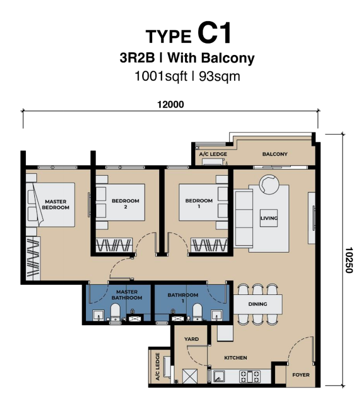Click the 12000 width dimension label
click(x=170, y=105)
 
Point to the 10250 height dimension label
click(x=348, y=260)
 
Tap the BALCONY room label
click(x=275, y=154)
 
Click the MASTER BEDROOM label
click(x=56, y=205)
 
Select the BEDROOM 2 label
click(x=125, y=204)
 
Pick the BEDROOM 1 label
click(x=199, y=204)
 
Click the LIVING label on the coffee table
click(x=268, y=218)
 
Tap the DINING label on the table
click(x=258, y=304)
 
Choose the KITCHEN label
click(x=236, y=358)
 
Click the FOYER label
click(x=301, y=375)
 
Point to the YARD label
click(x=191, y=339)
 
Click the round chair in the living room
click(x=269, y=184)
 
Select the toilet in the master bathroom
click(x=115, y=312)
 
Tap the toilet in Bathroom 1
click(x=198, y=312)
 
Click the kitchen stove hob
click(x=250, y=376)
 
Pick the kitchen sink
click(x=219, y=376)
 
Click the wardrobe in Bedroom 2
click(x=114, y=245)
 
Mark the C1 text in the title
click(x=214, y=33)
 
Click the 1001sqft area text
click(x=161, y=77)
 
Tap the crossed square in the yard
click(x=190, y=376)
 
